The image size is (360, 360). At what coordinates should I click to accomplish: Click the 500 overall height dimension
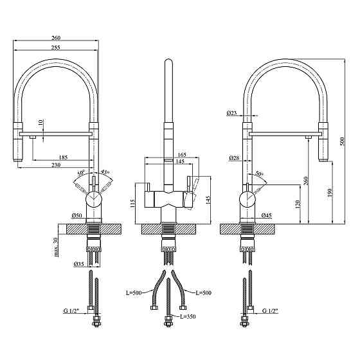pyautogui.click(x=342, y=142)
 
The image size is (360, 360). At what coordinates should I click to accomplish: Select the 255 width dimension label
pyautogui.click(x=55, y=48)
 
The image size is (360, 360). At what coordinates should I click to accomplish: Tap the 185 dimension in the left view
pyautogui.click(x=64, y=157)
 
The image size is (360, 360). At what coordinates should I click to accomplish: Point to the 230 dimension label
pyautogui.click(x=56, y=165)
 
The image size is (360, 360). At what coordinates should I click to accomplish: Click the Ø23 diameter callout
pyautogui.click(x=231, y=113)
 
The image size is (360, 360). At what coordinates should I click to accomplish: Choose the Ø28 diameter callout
pyautogui.click(x=234, y=157)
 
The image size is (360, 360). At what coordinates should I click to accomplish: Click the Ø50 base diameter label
pyautogui.click(x=77, y=215)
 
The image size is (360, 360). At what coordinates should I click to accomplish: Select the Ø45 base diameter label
pyautogui.click(x=267, y=215)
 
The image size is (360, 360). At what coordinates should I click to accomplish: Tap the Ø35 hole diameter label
pyautogui.click(x=78, y=264)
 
